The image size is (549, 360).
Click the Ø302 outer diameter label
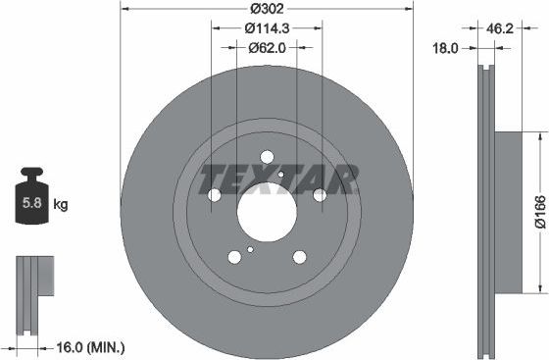coord(267,8)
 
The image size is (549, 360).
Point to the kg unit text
coord(61,205)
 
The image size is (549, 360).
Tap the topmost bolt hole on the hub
coord(267,156)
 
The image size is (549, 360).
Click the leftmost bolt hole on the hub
coord(215,195)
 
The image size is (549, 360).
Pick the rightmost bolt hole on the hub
coord(320,195)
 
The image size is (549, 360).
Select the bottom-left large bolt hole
coord(234,257)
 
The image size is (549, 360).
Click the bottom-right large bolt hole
coord(299,257)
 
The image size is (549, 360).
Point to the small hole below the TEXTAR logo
coord(280,175)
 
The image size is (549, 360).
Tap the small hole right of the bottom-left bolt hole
coord(251,249)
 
